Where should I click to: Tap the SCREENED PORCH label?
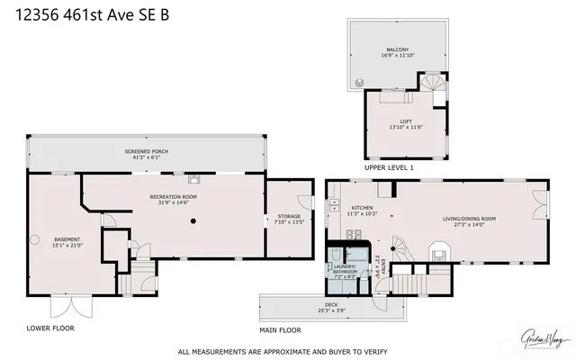[146, 154]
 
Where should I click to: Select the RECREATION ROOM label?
[171, 199]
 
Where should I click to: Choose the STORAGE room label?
[289, 219]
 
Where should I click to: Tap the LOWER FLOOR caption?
[50, 328]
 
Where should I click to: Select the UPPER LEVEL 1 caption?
[389, 168]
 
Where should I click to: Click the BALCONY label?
[398, 52]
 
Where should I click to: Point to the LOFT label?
[405, 124]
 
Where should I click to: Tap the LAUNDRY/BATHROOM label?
[346, 269]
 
